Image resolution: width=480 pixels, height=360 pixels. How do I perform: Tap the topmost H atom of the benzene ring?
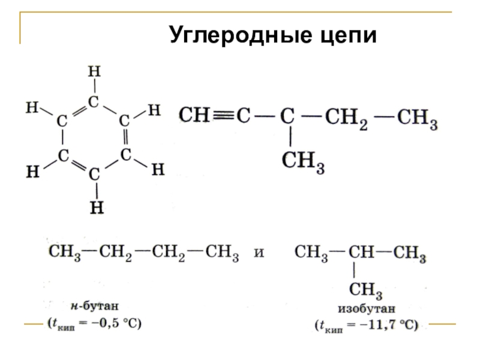click(x=94, y=71)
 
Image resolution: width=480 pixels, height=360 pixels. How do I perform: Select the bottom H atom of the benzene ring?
click(x=95, y=208)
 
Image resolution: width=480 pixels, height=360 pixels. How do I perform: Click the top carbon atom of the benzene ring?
click(x=94, y=102)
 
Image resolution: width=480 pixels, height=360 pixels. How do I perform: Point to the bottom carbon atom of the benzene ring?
click(x=94, y=175)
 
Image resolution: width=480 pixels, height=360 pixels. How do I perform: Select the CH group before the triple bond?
click(x=193, y=115)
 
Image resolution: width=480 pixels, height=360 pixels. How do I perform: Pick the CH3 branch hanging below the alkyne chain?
click(x=303, y=161)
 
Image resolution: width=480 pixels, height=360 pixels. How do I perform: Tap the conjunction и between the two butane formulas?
click(x=259, y=254)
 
